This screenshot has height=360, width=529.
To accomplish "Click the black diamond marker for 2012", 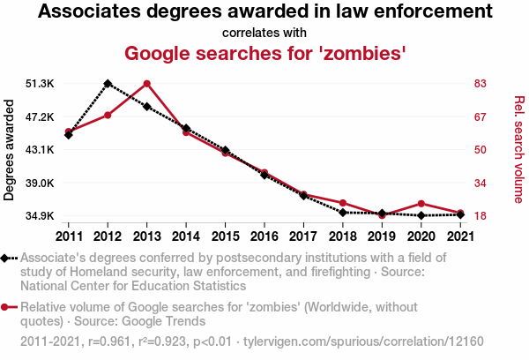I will click(x=108, y=83).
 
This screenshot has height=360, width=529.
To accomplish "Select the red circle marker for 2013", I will click(x=146, y=84).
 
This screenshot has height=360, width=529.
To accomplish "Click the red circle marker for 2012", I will click(x=108, y=116).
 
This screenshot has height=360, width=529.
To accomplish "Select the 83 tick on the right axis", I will click(x=481, y=84).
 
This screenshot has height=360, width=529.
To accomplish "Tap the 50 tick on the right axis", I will click(x=481, y=150).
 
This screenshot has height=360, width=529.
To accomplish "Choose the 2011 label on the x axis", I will click(x=68, y=236).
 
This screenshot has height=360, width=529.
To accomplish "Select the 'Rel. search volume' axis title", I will click(x=518, y=150).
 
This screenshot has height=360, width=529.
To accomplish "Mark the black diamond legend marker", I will click(x=8, y=259).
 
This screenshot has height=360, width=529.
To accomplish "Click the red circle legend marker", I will click(x=8, y=307).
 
